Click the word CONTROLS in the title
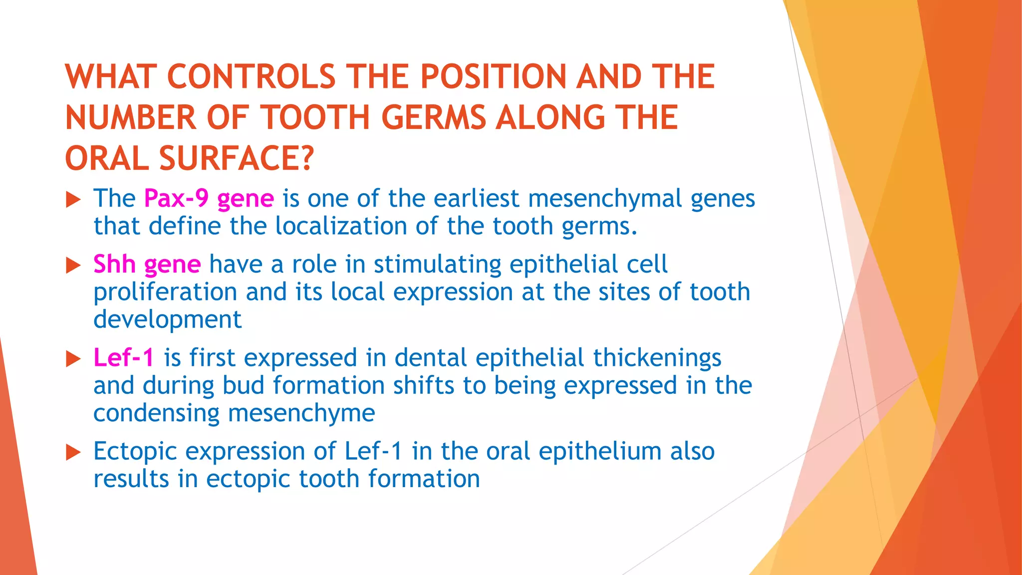click(x=251, y=77)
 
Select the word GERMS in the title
click(x=434, y=118)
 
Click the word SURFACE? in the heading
click(x=237, y=159)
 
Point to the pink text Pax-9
click(x=176, y=198)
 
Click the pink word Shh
click(x=114, y=264)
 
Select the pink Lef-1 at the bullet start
click(x=124, y=358)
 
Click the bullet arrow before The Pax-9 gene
click(x=73, y=200)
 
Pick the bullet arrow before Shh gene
click(x=73, y=266)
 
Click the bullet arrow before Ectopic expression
click(x=73, y=453)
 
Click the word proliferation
click(x=165, y=292)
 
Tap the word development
click(x=167, y=319)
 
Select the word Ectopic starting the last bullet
click(x=135, y=452)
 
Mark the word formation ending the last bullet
click(x=424, y=479)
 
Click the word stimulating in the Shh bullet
click(x=437, y=264)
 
